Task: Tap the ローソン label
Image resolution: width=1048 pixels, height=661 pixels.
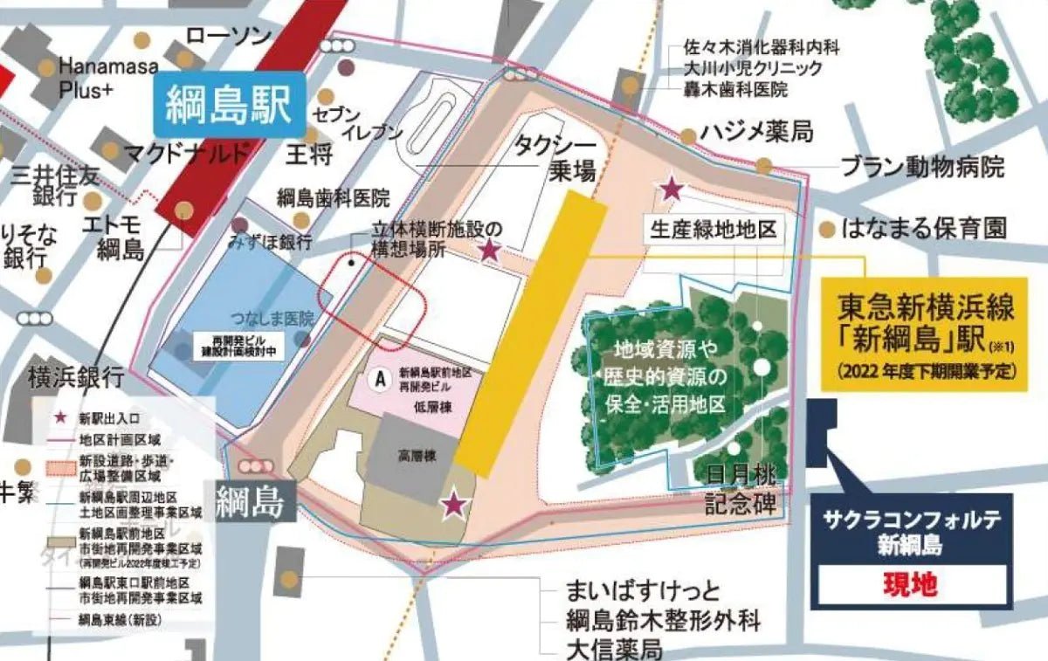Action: click(228, 36)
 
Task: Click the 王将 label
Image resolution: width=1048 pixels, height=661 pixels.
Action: click(309, 156)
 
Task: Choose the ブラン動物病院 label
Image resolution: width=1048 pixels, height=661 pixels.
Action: click(922, 167)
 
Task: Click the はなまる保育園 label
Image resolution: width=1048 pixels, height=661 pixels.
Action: click(924, 230)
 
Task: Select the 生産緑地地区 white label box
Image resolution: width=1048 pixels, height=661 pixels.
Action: click(712, 231)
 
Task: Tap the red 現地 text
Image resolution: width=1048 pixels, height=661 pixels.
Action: click(911, 583)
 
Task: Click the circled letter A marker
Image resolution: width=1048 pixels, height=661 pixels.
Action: click(380, 378)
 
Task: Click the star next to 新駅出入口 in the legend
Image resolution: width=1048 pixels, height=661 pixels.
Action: click(61, 419)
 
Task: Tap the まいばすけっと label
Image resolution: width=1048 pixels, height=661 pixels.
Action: click(643, 591)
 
